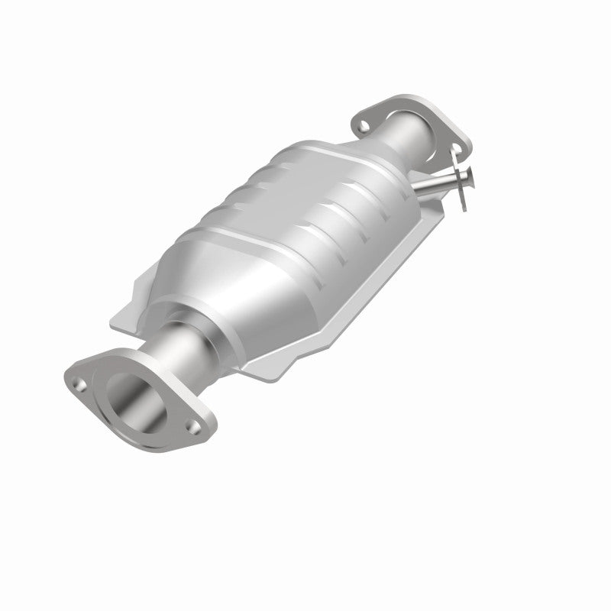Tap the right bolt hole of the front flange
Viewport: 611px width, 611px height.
(194, 428)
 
